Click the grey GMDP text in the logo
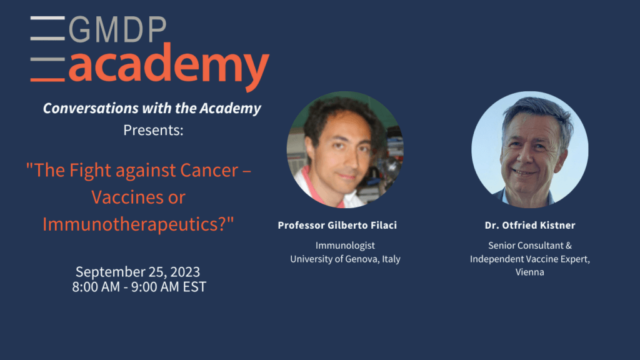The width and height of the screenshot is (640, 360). (x=117, y=29)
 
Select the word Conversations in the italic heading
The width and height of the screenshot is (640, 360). (x=91, y=108)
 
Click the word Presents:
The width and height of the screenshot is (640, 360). (x=154, y=130)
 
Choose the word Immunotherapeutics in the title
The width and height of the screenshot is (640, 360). (x=134, y=224)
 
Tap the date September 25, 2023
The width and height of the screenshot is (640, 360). (x=138, y=272)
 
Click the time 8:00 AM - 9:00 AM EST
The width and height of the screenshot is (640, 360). (x=139, y=287)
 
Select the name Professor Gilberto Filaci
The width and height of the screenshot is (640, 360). (x=337, y=225)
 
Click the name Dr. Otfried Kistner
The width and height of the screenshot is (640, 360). (x=530, y=225)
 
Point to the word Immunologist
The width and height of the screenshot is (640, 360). (x=345, y=246)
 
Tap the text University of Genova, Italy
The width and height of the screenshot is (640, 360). (x=345, y=259)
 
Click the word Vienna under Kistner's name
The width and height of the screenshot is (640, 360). (x=530, y=272)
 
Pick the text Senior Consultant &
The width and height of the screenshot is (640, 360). (x=530, y=246)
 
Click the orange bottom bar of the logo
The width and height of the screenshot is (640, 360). (x=47, y=79)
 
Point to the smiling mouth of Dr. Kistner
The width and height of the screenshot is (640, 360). (x=523, y=172)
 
